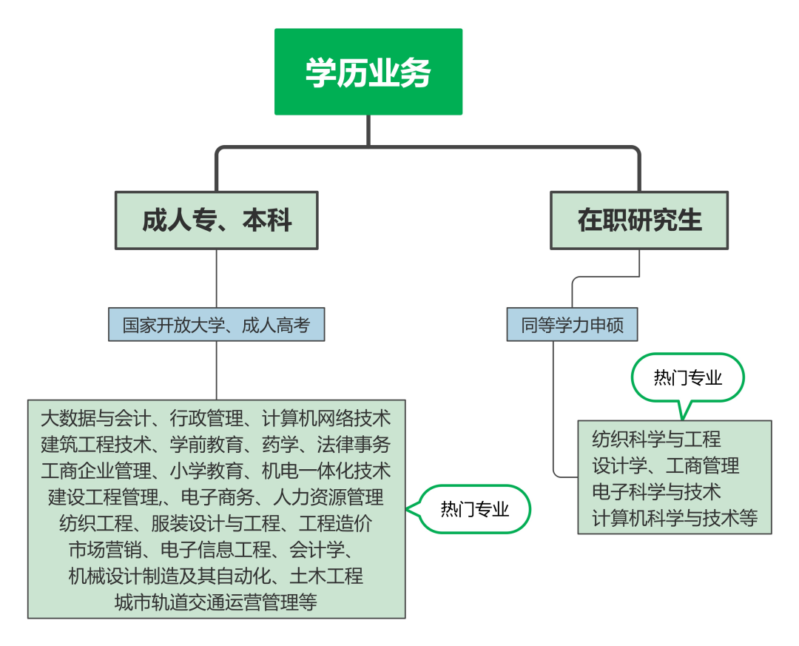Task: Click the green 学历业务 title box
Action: point(368,72)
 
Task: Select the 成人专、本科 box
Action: point(217,221)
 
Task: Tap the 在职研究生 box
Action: point(639,221)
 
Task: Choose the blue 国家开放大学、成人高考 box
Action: point(217,324)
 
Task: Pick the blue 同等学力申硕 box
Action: point(572,324)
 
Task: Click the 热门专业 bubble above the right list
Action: point(688,378)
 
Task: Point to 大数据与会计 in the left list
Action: point(95,418)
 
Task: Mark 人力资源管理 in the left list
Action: point(328,497)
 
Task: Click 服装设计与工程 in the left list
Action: point(216,524)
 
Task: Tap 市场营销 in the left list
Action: point(106,550)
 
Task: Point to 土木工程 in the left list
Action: point(327,576)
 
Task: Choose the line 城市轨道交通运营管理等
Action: point(216,602)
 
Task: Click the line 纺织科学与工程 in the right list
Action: point(656,440)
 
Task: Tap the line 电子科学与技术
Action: point(656,492)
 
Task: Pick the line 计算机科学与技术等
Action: point(675,519)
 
